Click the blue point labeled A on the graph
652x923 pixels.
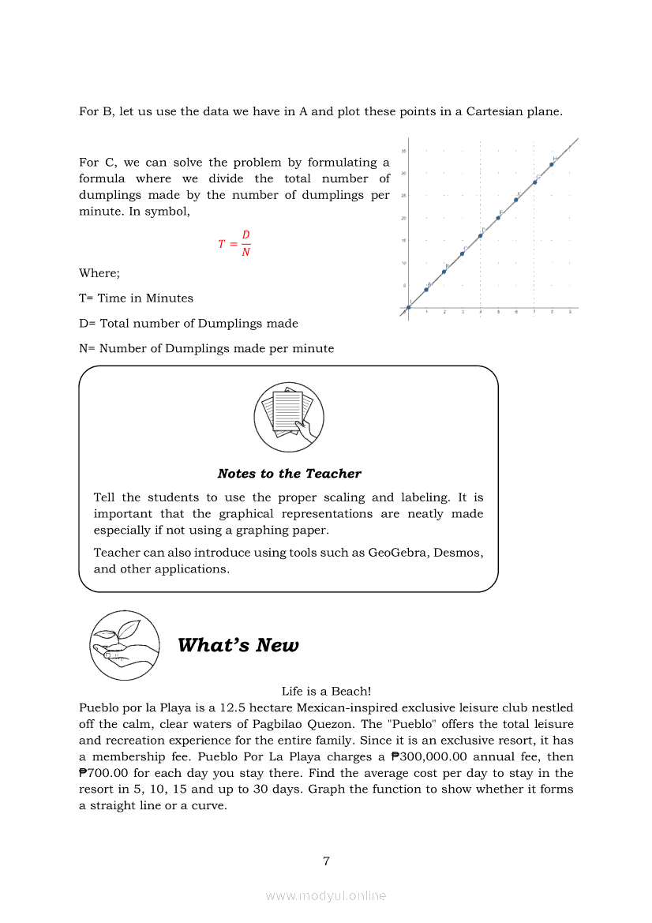click(426, 290)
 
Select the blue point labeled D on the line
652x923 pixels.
click(480, 236)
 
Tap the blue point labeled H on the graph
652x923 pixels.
click(552, 164)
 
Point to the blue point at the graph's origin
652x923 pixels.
click(408, 307)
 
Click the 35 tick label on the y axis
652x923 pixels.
click(404, 151)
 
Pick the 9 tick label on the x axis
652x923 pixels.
click(570, 313)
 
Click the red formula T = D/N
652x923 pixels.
click(235, 244)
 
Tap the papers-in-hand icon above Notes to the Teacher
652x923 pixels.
click(289, 416)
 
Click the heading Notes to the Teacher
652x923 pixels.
click(289, 474)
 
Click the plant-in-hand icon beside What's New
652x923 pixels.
click(125, 645)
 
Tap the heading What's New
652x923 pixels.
click(238, 645)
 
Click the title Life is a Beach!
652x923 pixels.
click(326, 691)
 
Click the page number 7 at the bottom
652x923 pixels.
click(326, 861)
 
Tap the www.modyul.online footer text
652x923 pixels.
click(326, 895)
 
